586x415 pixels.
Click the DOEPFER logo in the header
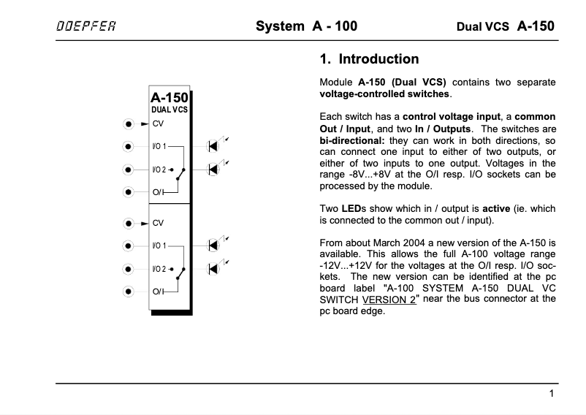pos(86,27)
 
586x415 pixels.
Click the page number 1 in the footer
pos(552,395)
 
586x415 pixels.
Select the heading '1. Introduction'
pos(370,59)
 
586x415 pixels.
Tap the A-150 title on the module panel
pos(170,96)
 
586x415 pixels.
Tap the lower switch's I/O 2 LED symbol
pos(214,268)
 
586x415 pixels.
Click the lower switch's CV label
pos(158,222)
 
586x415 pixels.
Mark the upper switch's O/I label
pos(158,192)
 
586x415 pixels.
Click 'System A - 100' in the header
pos(306,27)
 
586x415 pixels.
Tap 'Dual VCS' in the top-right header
pos(482,28)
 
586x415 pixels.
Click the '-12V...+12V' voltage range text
pos(349,265)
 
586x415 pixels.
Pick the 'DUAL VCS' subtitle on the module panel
pos(170,110)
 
